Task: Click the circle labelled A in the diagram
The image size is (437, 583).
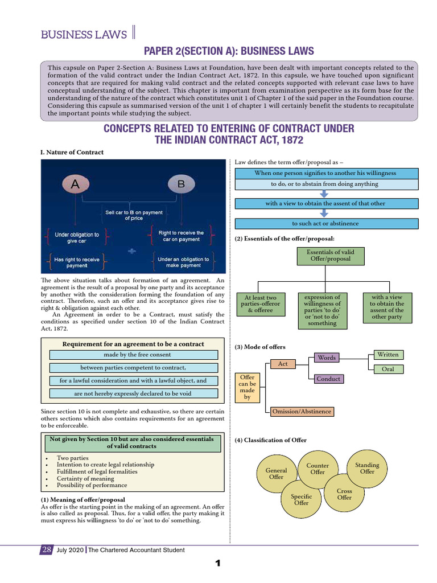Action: pyautogui.click(x=75, y=184)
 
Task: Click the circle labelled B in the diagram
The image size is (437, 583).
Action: pyautogui.click(x=181, y=184)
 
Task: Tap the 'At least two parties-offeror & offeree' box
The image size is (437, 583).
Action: pyautogui.click(x=260, y=304)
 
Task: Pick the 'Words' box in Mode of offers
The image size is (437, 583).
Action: pyautogui.click(x=327, y=358)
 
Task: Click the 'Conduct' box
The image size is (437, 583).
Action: pyautogui.click(x=328, y=379)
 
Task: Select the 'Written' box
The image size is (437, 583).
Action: pyautogui.click(x=388, y=355)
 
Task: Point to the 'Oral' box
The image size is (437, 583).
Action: pyautogui.click(x=388, y=369)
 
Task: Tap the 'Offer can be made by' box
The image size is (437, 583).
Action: pyautogui.click(x=247, y=387)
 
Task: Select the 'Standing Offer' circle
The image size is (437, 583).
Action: pyautogui.click(x=367, y=468)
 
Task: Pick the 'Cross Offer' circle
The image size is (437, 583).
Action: pyautogui.click(x=344, y=494)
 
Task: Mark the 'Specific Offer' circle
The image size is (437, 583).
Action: pyautogui.click(x=301, y=499)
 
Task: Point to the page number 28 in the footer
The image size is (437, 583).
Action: pyautogui.click(x=47, y=549)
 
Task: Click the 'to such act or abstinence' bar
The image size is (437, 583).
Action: pyautogui.click(x=325, y=223)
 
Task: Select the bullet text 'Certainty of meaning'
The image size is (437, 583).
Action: pyautogui.click(x=84, y=478)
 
